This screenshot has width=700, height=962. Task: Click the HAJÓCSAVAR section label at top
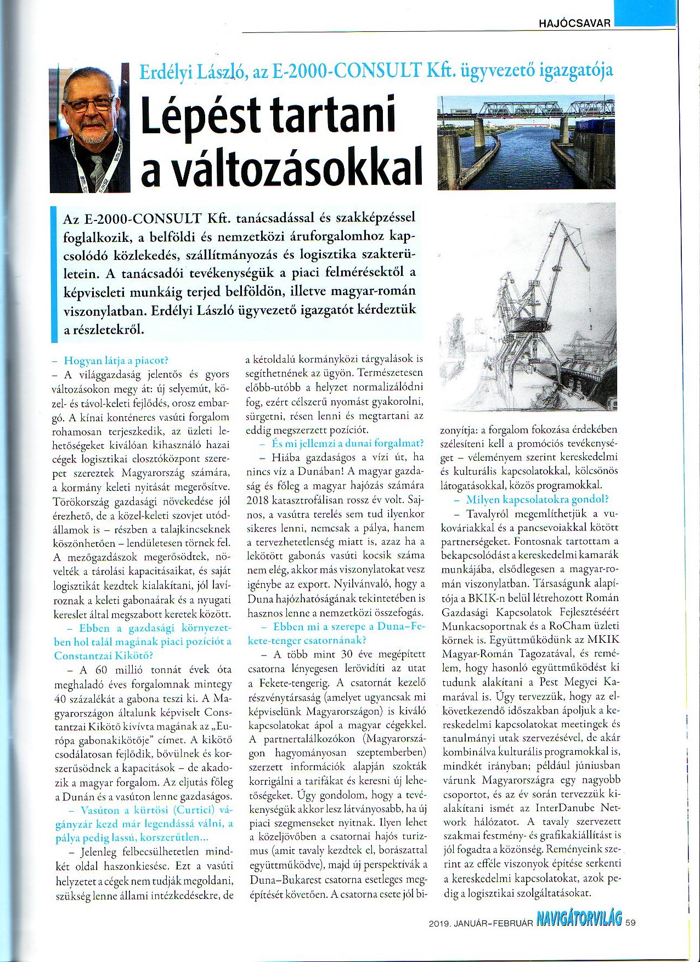(574, 23)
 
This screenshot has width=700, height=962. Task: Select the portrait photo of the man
(90, 127)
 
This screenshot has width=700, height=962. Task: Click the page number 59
(630, 923)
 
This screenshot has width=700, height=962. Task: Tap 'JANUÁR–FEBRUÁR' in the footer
(496, 923)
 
